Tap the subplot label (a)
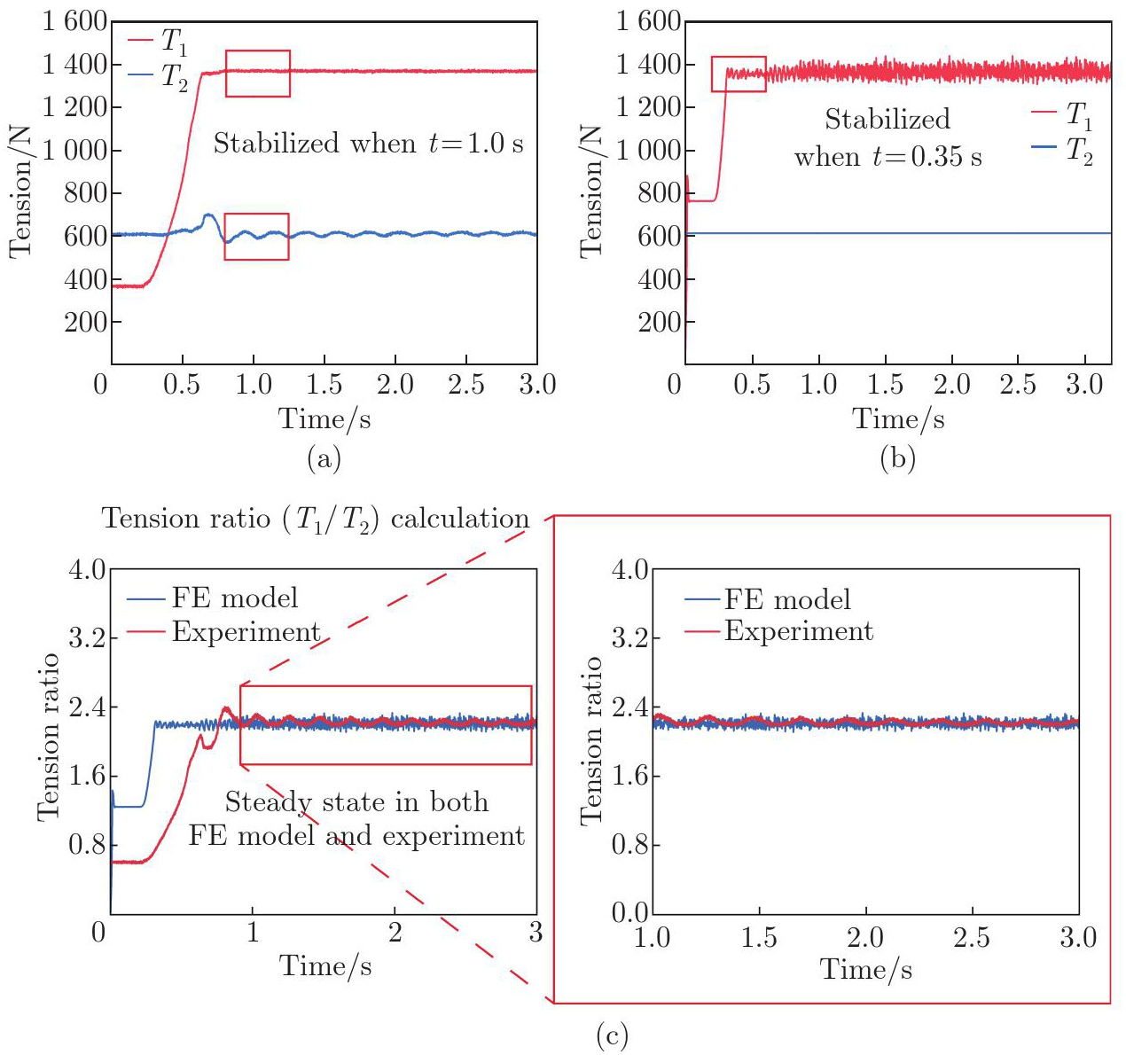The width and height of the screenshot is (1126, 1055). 324,458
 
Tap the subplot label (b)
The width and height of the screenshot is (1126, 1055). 897,458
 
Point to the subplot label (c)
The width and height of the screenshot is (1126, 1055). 612,1035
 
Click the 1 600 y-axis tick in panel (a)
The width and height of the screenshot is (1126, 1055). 74,21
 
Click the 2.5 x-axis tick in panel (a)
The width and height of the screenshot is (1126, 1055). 466,385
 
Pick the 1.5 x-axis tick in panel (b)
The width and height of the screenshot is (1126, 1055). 885,385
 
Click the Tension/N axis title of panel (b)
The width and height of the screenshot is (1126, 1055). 590,191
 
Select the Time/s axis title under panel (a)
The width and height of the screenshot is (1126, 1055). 325,418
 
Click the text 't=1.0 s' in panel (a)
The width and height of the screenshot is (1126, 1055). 477,144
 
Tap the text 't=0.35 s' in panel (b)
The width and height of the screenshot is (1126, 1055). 927,157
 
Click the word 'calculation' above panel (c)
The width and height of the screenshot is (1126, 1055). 460,519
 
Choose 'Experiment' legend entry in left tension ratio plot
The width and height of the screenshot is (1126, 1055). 246,632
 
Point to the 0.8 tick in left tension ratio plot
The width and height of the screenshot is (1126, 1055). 88,845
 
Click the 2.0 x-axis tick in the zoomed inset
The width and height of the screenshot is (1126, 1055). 865,939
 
